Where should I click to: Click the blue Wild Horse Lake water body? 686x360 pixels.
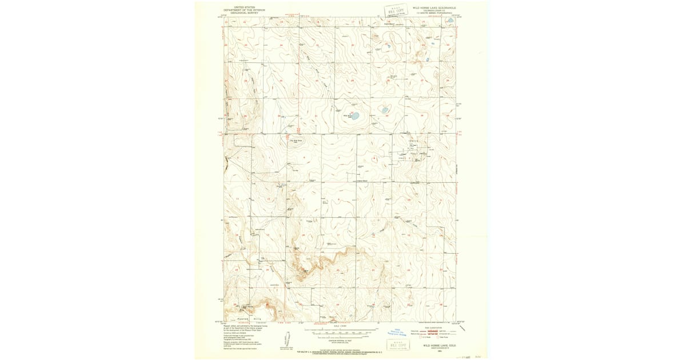(354, 116)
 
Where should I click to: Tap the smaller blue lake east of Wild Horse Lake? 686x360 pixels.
(385, 110)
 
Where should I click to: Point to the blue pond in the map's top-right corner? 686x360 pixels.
(450, 21)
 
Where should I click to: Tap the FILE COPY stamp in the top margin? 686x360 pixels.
(397, 10)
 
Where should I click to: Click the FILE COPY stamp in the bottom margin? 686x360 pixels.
(398, 344)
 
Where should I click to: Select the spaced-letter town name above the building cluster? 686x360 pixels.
(414, 141)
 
